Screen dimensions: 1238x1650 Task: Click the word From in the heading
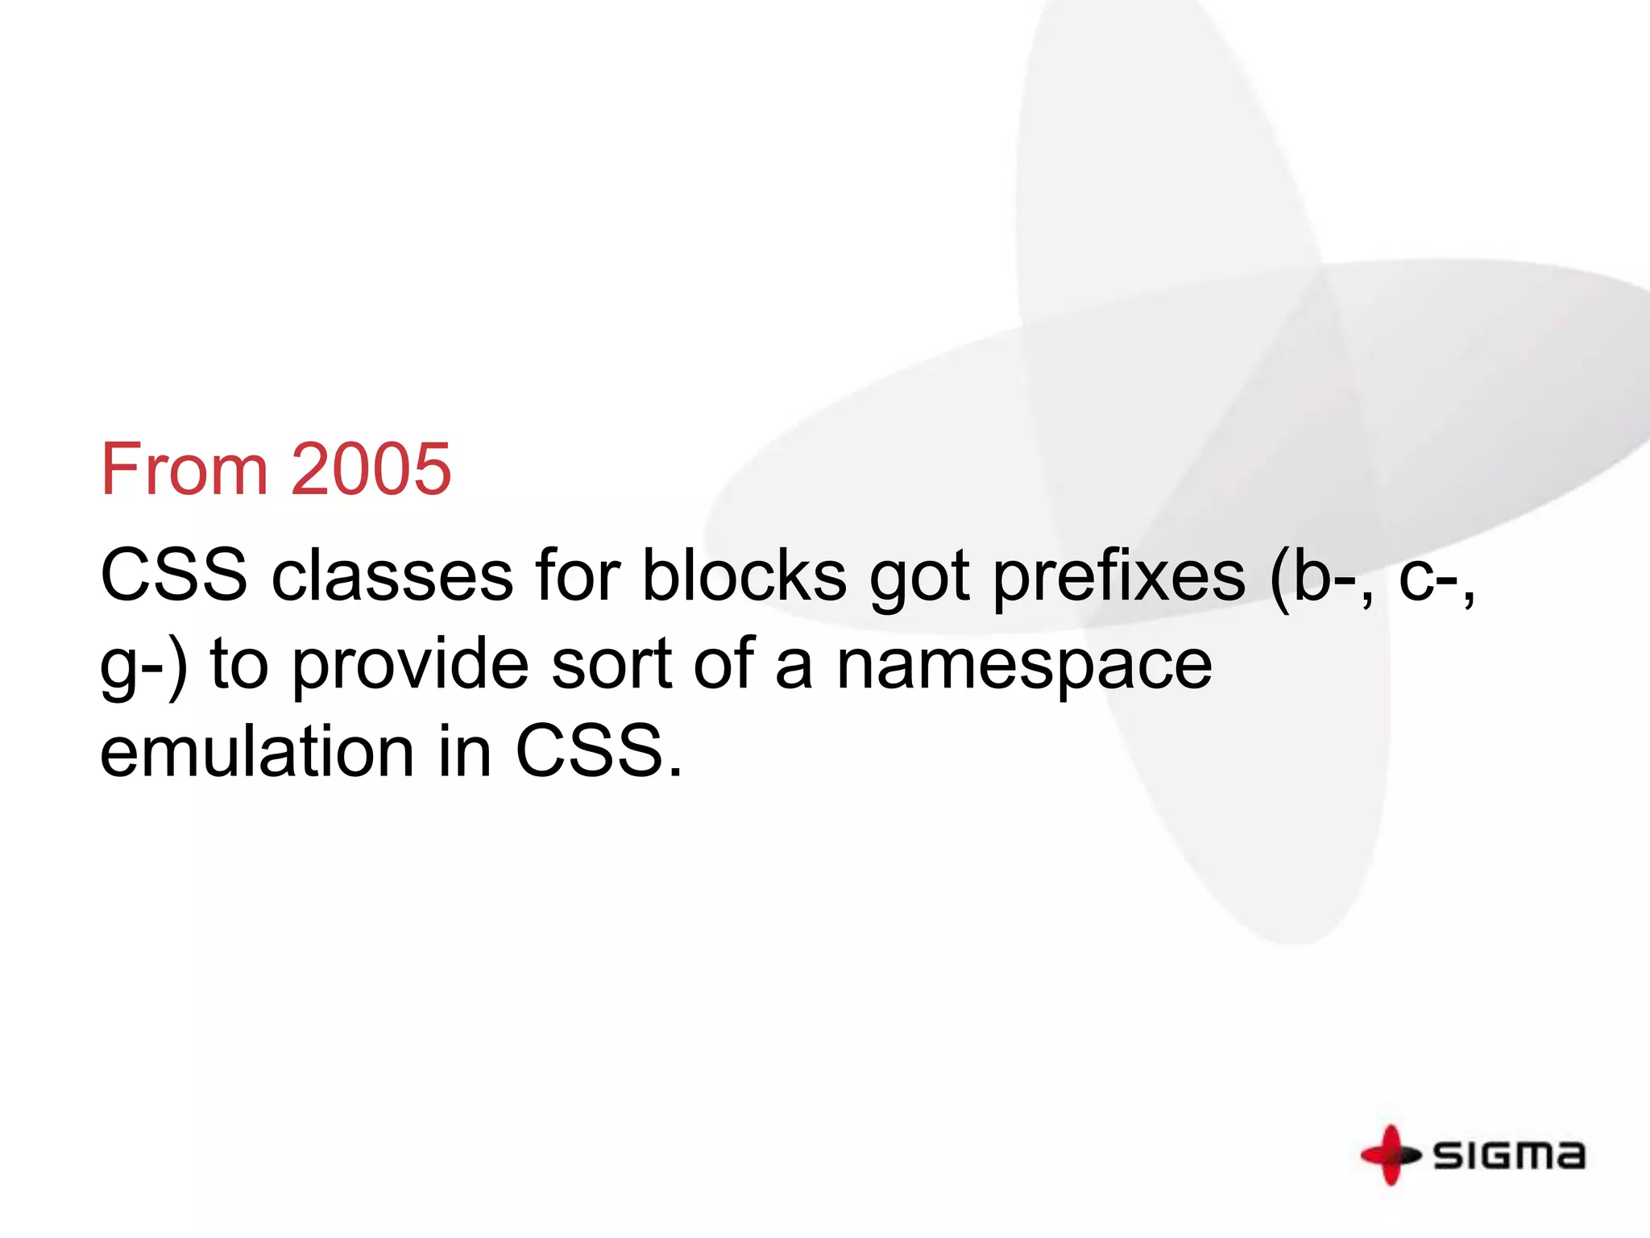pos(184,469)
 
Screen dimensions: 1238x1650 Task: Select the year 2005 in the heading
pos(371,469)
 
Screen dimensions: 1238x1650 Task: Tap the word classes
pos(392,575)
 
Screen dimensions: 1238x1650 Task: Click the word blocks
pos(744,575)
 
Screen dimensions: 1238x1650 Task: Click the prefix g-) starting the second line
pos(143,666)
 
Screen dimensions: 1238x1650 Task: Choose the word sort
pos(611,664)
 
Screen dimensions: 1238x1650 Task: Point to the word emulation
pos(257,751)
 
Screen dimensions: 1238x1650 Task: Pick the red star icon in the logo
pos(1390,1154)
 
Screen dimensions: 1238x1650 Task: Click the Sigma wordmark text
pos(1509,1155)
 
